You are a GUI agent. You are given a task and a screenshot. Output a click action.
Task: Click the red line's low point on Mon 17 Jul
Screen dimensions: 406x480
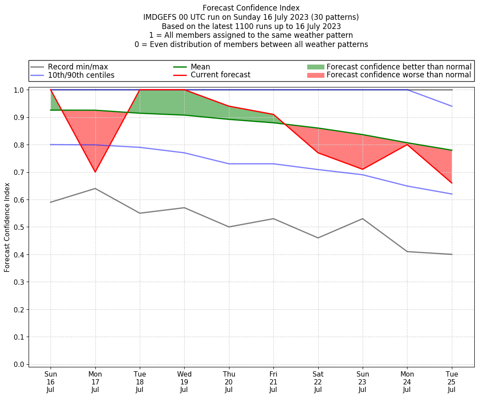95,172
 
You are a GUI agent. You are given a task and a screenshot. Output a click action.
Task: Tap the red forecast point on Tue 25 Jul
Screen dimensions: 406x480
452,183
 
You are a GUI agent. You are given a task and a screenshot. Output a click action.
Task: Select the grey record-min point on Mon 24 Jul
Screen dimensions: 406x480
407,251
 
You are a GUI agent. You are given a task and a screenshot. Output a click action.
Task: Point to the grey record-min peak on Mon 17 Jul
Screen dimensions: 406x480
95,188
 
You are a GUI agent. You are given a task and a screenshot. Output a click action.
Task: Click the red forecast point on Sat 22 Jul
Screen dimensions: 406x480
318,152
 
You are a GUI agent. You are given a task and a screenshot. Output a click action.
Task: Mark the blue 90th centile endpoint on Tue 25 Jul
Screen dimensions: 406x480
452,106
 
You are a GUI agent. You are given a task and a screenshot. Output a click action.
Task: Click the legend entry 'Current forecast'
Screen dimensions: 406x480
220,75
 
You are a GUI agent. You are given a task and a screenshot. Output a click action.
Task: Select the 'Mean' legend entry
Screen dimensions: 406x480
200,67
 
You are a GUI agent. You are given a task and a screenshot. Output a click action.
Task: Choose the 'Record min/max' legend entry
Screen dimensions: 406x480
77,67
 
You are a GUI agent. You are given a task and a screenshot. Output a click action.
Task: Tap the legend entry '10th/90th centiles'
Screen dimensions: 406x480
81,75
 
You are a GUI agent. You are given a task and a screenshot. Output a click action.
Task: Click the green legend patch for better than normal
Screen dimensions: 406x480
315,67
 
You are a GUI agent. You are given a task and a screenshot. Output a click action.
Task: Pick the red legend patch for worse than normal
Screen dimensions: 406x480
315,75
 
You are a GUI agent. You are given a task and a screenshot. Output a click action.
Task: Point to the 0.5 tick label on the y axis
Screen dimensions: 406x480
19,227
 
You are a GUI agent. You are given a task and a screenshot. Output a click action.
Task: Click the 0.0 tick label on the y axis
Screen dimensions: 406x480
19,364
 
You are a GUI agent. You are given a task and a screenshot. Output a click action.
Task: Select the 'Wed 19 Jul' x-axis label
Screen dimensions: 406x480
184,381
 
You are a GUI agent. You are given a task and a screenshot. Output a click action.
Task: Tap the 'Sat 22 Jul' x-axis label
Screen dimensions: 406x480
318,381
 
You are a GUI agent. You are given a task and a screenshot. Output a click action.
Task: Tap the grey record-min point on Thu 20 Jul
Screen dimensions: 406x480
229,227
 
